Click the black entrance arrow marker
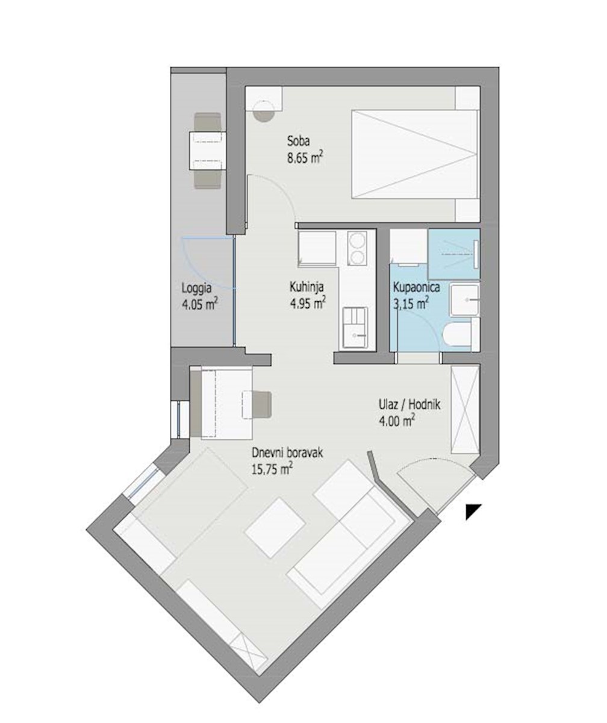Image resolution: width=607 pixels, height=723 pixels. click(473, 511)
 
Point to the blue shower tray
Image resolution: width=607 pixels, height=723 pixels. click(453, 251)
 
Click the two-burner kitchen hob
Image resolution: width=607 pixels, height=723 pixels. click(357, 249)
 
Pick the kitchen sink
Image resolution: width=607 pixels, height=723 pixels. click(355, 325)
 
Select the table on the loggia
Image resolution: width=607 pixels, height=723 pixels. click(207, 151)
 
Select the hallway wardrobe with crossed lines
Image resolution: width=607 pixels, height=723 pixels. click(464, 410)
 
